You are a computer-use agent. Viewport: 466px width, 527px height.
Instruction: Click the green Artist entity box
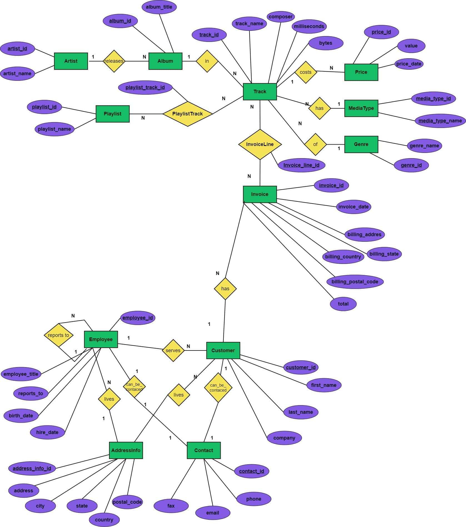pyautogui.click(x=71, y=61)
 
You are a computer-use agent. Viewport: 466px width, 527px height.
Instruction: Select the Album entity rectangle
pyautogui.click(x=165, y=61)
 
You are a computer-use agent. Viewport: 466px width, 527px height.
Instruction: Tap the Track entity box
pyautogui.click(x=260, y=92)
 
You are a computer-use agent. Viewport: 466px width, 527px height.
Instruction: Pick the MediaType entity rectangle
pyautogui.click(x=361, y=108)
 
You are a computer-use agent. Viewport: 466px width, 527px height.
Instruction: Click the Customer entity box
pyautogui.click(x=223, y=350)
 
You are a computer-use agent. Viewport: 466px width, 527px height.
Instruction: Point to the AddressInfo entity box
pyautogui.click(x=126, y=450)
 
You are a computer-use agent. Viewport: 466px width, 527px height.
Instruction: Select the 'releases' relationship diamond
pyautogui.click(x=114, y=61)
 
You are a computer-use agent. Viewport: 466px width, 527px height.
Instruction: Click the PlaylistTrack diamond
pyautogui.click(x=188, y=114)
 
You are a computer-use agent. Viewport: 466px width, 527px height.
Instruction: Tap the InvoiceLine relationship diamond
pyautogui.click(x=260, y=144)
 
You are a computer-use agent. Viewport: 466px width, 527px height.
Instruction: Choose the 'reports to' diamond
pyautogui.click(x=58, y=335)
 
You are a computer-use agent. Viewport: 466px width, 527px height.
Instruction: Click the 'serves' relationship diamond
pyautogui.click(x=173, y=351)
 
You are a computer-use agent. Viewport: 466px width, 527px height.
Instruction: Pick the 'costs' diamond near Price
pyautogui.click(x=306, y=72)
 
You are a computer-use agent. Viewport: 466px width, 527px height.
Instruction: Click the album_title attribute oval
pyautogui.click(x=159, y=7)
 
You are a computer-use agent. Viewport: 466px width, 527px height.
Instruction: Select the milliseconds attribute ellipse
pyautogui.click(x=309, y=26)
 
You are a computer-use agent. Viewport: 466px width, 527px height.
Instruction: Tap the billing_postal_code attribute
pyautogui.click(x=355, y=282)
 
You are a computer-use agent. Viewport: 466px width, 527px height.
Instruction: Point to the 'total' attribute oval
pyautogui.click(x=343, y=304)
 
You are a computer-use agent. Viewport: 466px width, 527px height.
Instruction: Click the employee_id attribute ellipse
pyautogui.click(x=138, y=318)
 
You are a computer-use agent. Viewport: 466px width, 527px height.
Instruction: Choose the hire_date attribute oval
pyautogui.click(x=47, y=432)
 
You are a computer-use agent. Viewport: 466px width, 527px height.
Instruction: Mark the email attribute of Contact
pyautogui.click(x=213, y=513)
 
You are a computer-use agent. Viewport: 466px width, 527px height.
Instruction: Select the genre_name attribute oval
pyautogui.click(x=424, y=146)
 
